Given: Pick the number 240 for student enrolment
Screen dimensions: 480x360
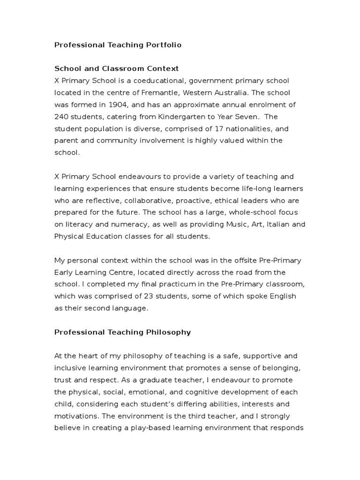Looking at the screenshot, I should point(61,117).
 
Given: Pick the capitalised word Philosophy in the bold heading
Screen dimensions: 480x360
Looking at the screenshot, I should point(169,332).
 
